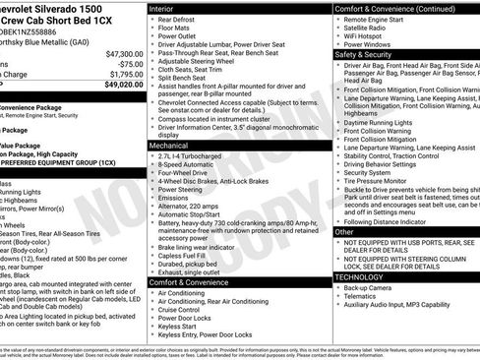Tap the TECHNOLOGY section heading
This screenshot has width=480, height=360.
(x=362, y=277)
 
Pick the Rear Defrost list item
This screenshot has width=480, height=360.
(x=178, y=20)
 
